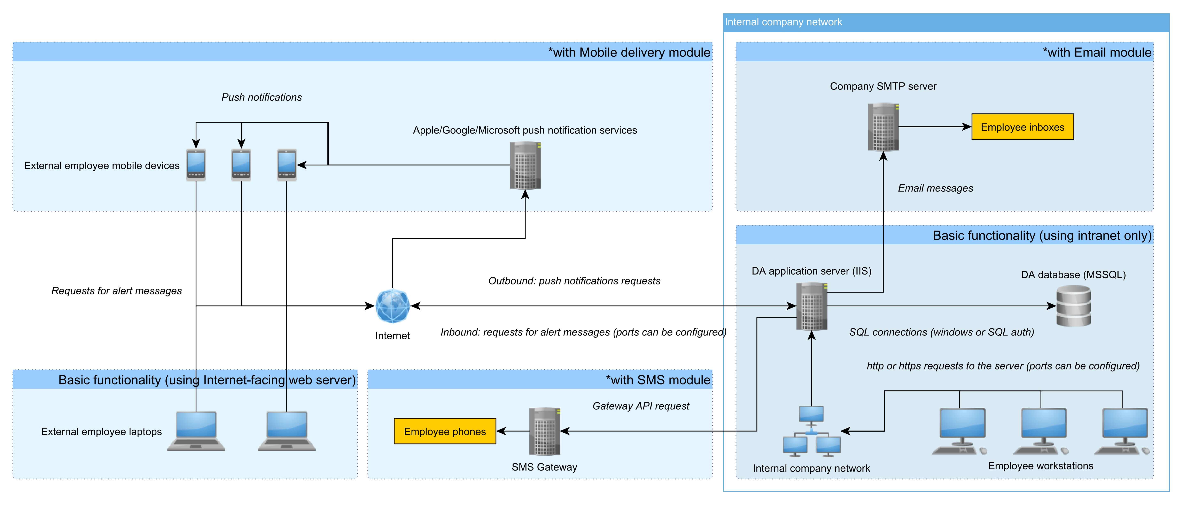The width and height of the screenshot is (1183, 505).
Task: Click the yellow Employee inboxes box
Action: [1022, 127]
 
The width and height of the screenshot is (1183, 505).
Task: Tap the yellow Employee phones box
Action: [445, 431]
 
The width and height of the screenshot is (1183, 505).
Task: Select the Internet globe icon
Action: [392, 306]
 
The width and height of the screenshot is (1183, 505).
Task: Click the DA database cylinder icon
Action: [1073, 306]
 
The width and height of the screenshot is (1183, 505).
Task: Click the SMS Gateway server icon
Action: [545, 431]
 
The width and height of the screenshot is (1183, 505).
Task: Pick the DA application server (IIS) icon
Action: [811, 306]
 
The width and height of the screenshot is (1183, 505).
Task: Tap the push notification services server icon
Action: [525, 165]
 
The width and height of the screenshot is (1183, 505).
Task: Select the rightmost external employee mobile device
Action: [287, 165]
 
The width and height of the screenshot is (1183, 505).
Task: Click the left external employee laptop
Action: [196, 431]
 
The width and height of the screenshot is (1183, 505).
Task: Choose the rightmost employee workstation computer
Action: [1122, 431]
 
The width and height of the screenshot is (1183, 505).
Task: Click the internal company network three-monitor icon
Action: [811, 431]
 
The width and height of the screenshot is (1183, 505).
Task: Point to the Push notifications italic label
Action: [261, 97]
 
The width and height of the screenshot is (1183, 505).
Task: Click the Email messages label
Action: [935, 188]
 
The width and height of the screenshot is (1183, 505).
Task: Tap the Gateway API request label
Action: [641, 406]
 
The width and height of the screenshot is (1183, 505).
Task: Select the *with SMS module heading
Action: [658, 380]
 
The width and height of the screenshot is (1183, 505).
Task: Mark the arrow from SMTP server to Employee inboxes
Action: [935, 127]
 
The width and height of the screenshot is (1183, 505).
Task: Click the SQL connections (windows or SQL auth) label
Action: [941, 332]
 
